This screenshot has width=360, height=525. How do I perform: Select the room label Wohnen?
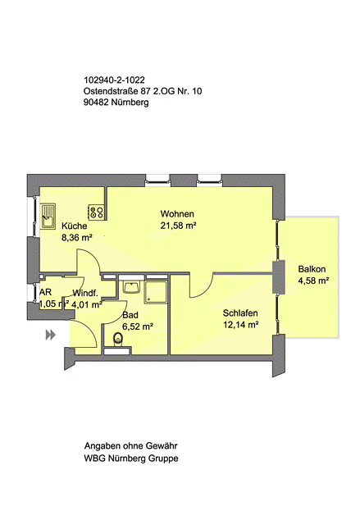(177, 214)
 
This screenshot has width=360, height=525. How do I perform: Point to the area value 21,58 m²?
(178, 226)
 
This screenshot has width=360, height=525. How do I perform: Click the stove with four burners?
(96, 212)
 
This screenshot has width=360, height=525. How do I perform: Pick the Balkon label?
(312, 269)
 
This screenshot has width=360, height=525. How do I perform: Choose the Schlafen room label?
(241, 313)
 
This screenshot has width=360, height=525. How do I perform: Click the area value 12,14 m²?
(241, 325)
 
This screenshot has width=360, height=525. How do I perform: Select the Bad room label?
(130, 315)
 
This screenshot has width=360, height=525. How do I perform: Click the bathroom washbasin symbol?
(130, 288)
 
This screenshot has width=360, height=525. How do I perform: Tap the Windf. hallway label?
(86, 293)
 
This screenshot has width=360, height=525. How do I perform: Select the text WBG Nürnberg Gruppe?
(131, 458)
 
